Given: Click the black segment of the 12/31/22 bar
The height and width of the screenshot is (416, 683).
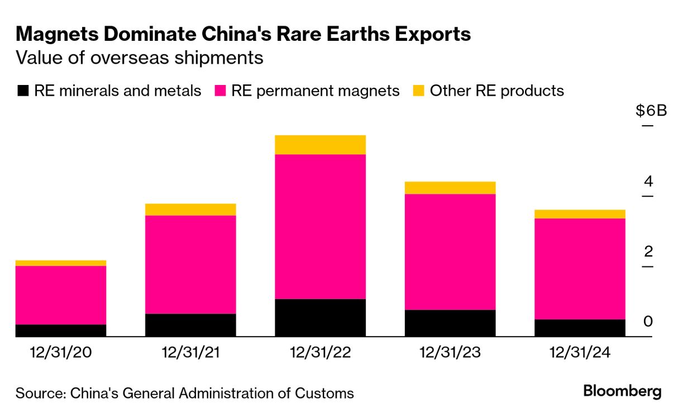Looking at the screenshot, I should pyautogui.click(x=320, y=318).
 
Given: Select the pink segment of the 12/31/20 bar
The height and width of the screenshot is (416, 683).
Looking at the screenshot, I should pyautogui.click(x=61, y=295).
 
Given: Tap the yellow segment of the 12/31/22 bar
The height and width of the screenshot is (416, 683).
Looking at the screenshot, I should pyautogui.click(x=320, y=144).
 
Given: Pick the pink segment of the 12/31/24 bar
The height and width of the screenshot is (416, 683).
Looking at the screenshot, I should pyautogui.click(x=580, y=268).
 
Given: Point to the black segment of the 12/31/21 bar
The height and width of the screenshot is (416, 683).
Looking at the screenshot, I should pyautogui.click(x=190, y=325).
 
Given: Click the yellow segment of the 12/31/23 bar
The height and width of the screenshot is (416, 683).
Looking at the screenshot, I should pyautogui.click(x=450, y=187).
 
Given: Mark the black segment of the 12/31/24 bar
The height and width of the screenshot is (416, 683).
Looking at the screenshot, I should pyautogui.click(x=580, y=328).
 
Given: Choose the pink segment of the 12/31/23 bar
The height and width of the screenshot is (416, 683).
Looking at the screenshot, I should pyautogui.click(x=450, y=252).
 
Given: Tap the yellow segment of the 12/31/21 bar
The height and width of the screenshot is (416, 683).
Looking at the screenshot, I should pyautogui.click(x=190, y=209).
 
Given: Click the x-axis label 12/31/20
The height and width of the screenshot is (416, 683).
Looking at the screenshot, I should pyautogui.click(x=61, y=353).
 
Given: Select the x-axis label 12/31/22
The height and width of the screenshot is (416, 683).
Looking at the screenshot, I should pyautogui.click(x=320, y=353).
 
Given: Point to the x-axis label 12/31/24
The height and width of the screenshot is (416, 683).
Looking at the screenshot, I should pyautogui.click(x=580, y=353).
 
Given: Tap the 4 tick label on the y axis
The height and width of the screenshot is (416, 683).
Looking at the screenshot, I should pyautogui.click(x=648, y=181).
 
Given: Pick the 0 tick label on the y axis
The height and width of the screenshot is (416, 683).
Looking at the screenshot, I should pyautogui.click(x=648, y=321).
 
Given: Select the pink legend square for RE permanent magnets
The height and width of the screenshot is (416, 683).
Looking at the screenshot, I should pyautogui.click(x=220, y=91).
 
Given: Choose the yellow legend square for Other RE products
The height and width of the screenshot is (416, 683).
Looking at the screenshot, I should pyautogui.click(x=418, y=91).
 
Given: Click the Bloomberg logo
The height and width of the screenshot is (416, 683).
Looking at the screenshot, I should pyautogui.click(x=622, y=391).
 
